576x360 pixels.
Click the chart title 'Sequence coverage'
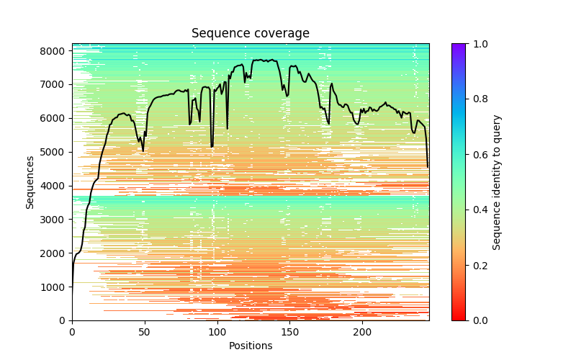[251, 34]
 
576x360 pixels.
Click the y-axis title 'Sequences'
[30, 182]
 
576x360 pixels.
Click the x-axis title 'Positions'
[251, 346]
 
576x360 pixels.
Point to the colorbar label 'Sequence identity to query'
[497, 182]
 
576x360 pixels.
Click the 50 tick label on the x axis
[145, 332]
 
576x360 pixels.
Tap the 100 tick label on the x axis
[217, 332]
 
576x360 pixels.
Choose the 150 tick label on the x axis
[290, 332]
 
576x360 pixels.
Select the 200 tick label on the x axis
[363, 332]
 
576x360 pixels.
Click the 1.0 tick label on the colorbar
[480, 44]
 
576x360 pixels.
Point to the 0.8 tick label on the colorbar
[480, 99]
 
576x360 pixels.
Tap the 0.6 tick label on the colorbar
[480, 155]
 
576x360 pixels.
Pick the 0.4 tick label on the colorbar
[480, 210]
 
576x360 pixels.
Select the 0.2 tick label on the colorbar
[480, 266]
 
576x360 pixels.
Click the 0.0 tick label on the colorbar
[480, 320]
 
